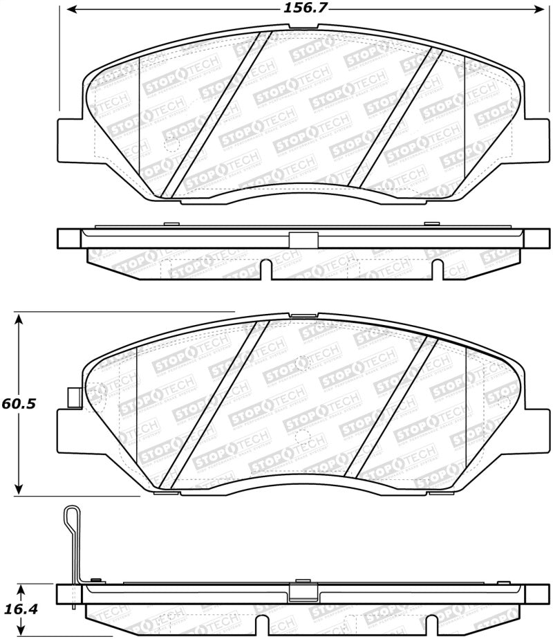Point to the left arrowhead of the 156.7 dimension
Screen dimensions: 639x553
[x=71, y=10]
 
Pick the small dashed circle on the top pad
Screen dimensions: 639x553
[x=171, y=145]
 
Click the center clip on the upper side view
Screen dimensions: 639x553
[x=302, y=239]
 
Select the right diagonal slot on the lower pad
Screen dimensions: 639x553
[x=394, y=406]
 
